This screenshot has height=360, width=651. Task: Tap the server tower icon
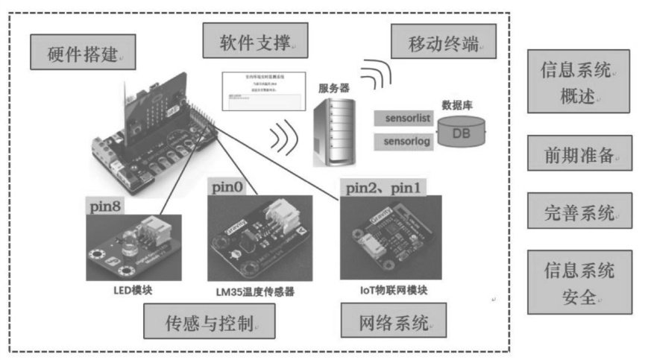point(333,130)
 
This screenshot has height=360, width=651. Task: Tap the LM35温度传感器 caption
point(249,291)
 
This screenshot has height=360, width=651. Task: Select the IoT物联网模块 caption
point(391,288)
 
